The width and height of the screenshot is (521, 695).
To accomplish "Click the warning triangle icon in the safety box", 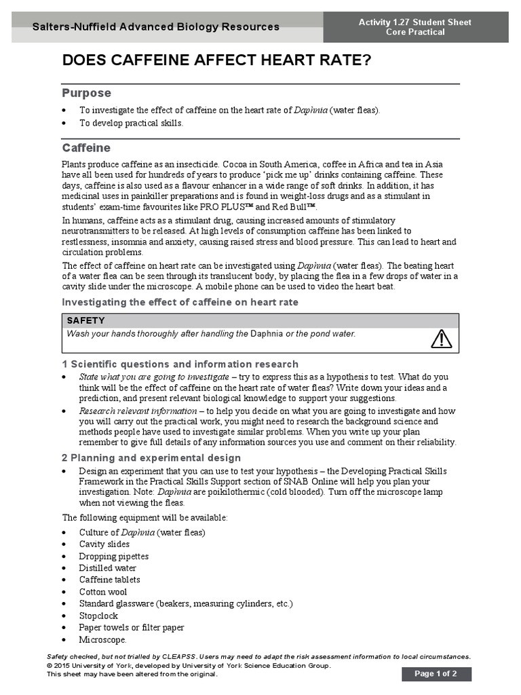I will tap(441, 338).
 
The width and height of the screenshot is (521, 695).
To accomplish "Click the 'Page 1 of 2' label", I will tap(436, 674).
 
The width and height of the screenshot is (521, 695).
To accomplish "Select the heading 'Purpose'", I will tap(86, 93).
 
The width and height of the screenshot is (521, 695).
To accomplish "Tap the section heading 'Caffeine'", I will tap(86, 148).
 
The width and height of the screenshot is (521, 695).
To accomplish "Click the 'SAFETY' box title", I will tap(85, 320).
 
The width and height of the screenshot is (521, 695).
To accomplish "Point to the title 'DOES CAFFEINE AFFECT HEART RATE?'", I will tap(216, 61).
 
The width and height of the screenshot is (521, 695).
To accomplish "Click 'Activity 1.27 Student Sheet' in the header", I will tap(414, 22).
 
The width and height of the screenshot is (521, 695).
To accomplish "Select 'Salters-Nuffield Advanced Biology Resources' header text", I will tap(156, 27).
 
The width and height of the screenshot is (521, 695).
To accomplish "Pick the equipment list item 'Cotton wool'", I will tap(102, 592).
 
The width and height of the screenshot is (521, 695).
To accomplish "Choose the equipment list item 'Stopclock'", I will tap(98, 616).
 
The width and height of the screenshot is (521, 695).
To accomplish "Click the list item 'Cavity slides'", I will tap(104, 544).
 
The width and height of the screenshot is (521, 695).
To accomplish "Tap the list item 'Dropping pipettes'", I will tap(113, 556).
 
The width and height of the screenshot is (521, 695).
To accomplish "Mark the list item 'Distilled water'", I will tap(107, 568).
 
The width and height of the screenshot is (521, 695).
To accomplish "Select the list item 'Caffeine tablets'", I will tap(109, 580).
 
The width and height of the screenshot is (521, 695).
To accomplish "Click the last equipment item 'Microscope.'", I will tap(102, 639).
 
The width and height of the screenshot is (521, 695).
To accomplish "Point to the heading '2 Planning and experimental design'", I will tap(151, 457).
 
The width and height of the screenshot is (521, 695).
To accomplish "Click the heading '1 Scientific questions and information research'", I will tap(180, 364).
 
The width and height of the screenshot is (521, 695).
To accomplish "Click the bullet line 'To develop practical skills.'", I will tap(131, 123).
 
